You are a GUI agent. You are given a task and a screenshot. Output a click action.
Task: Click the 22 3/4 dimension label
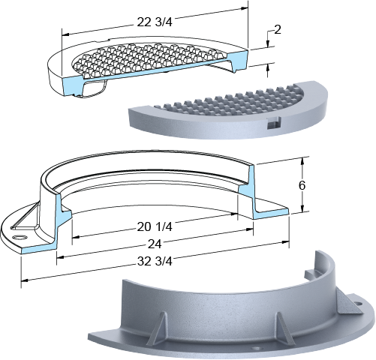coord(155,22)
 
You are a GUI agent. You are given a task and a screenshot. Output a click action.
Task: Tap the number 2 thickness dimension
coord(278,30)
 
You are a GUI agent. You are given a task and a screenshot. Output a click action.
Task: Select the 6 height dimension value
coord(302,185)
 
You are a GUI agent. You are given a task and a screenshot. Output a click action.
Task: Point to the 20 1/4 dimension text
coord(155,226)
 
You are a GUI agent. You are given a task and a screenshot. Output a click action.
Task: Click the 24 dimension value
coord(155,244)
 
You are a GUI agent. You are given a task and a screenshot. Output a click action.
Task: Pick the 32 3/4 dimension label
coord(155,262)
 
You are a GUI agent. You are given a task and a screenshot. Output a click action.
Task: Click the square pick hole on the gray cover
coord(273,123)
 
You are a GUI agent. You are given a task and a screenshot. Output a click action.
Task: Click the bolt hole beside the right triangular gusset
coord(359,304)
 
